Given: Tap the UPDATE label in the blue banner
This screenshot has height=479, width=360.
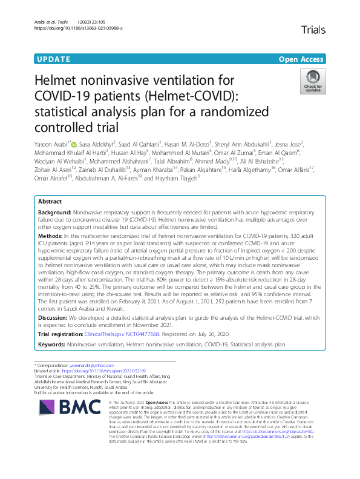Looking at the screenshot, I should click(x=53, y=59).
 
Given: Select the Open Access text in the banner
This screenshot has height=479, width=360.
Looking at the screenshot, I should click(x=301, y=59).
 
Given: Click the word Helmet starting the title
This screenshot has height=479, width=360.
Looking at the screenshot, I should click(x=62, y=80).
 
